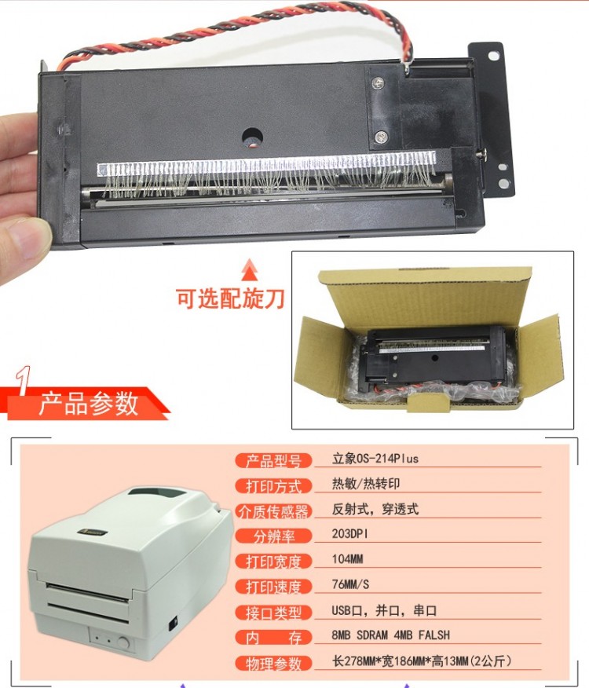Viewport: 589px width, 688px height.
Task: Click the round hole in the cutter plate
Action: tap(252, 137)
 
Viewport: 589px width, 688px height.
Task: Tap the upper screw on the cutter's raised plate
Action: tap(378, 82)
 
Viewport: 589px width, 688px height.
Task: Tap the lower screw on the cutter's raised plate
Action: tap(381, 137)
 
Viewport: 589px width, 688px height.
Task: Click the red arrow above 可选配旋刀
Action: tap(250, 269)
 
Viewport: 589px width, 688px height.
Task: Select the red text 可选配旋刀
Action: tap(230, 299)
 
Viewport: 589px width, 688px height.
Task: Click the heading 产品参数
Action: tap(88, 403)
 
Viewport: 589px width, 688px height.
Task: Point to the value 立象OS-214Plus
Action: tap(375, 459)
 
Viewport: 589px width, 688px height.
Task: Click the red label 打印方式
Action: tap(273, 486)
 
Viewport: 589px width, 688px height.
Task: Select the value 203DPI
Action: tap(349, 534)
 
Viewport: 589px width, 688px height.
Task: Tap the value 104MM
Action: tap(347, 559)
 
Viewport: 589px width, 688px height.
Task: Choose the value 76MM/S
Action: tap(350, 584)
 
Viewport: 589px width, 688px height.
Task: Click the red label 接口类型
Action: tap(273, 613)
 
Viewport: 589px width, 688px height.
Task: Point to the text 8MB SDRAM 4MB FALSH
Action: tap(390, 635)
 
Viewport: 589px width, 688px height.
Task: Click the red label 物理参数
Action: tap(273, 664)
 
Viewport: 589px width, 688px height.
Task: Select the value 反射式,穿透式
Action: tap(375, 509)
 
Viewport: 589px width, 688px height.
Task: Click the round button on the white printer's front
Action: tap(123, 643)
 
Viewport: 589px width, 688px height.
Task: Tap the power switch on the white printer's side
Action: tap(174, 623)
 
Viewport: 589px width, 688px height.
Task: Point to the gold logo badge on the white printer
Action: tap(93, 532)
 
